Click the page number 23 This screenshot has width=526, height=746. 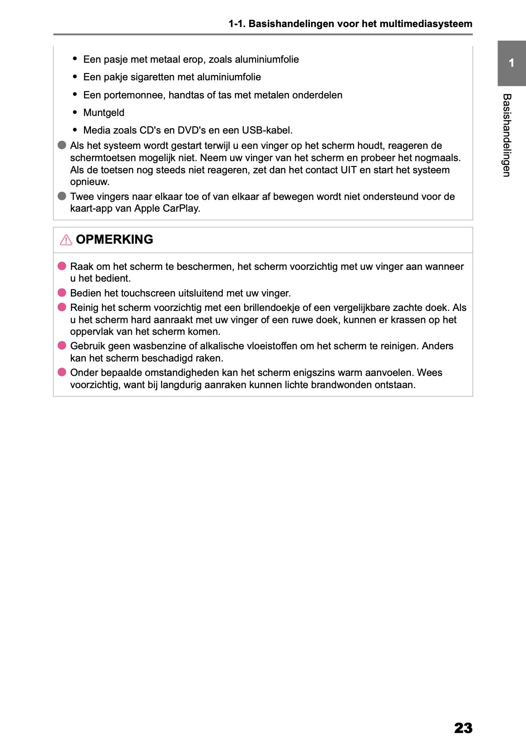point(463,727)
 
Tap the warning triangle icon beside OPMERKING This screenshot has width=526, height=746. point(66,240)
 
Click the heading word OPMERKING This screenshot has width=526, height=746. point(114,239)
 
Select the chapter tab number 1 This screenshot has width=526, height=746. point(511,63)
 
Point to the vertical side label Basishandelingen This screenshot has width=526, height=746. point(507,135)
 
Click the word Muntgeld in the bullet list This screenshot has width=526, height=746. point(103,112)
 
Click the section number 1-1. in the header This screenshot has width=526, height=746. point(237,23)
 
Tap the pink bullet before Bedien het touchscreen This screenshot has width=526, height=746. point(62,293)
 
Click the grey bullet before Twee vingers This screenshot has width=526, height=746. point(62,196)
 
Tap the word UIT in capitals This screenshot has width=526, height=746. point(348,170)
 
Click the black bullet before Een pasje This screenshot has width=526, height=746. point(75,59)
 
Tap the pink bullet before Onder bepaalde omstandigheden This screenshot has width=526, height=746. point(62,372)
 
